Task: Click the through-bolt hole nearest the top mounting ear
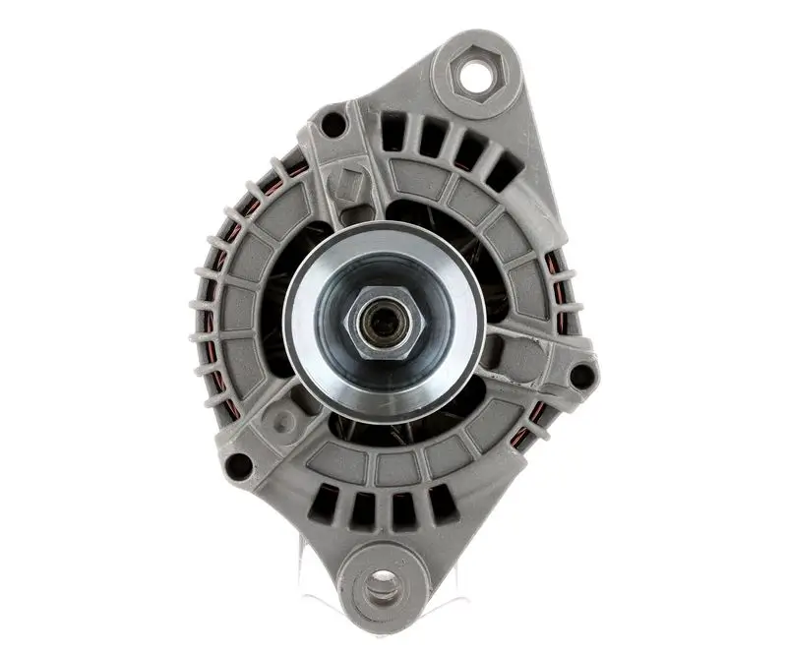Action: [334, 125]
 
